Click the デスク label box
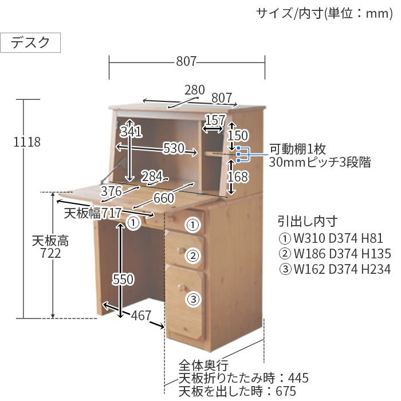click(x=30, y=42)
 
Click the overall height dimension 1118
click(x=27, y=142)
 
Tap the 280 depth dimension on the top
click(x=195, y=90)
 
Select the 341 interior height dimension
click(x=131, y=132)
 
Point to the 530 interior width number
click(x=174, y=148)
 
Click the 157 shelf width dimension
click(x=215, y=120)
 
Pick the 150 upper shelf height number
click(x=238, y=135)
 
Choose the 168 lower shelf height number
click(x=238, y=176)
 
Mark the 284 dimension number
click(x=152, y=176)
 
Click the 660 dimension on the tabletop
click(x=164, y=198)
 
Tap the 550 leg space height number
click(x=123, y=279)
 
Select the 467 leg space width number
click(x=141, y=315)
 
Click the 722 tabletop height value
click(x=50, y=253)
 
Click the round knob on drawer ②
click(x=180, y=251)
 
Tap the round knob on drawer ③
click(x=181, y=288)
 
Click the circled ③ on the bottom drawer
click(x=194, y=299)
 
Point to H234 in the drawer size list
click(x=376, y=269)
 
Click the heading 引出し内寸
click(x=308, y=222)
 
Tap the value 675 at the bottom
click(x=286, y=391)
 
